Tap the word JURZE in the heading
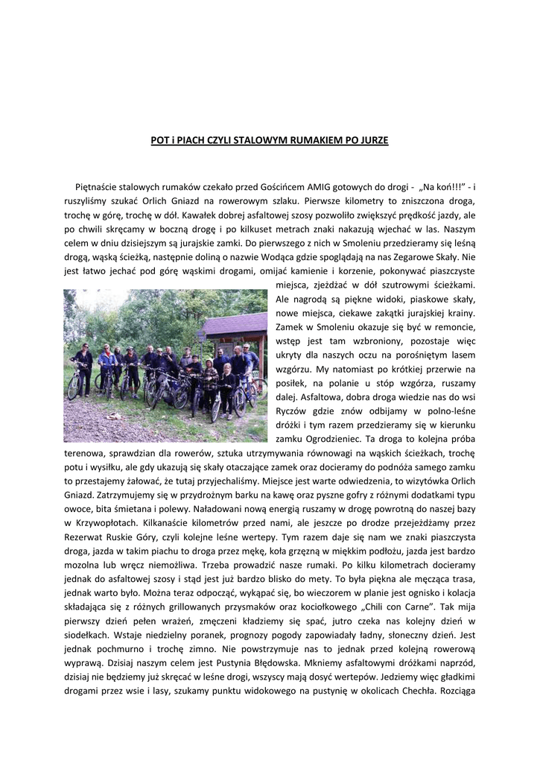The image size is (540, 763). (x=372, y=139)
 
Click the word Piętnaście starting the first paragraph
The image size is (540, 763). (x=98, y=186)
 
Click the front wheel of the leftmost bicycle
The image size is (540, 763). (x=74, y=387)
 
